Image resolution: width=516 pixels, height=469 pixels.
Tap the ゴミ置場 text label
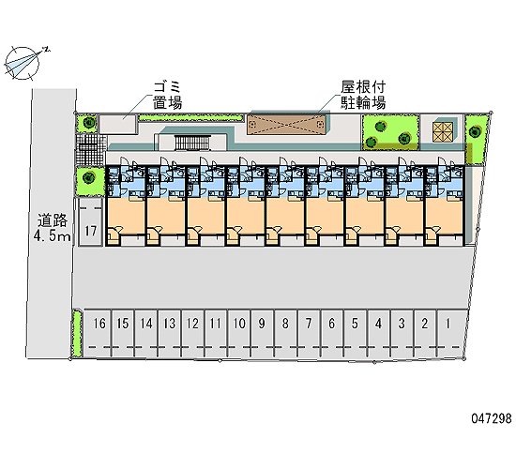coord(168,96)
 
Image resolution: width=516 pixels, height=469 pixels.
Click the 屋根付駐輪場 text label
coord(363,96)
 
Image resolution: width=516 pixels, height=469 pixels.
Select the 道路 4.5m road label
coord(53,228)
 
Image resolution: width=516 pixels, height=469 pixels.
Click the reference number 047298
coord(492,418)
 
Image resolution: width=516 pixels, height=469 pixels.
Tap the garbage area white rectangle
coord(118,124)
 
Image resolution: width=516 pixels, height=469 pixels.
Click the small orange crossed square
coord(443,132)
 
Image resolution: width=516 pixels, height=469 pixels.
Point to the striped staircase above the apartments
coord(192,144)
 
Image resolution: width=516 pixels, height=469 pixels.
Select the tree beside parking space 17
coord(88,178)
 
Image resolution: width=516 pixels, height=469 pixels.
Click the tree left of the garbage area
coord(89,123)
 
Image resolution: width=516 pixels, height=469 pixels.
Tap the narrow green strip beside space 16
coord(77,333)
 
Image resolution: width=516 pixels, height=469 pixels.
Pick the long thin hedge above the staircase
coord(190,117)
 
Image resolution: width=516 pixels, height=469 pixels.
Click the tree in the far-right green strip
coord(474,131)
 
